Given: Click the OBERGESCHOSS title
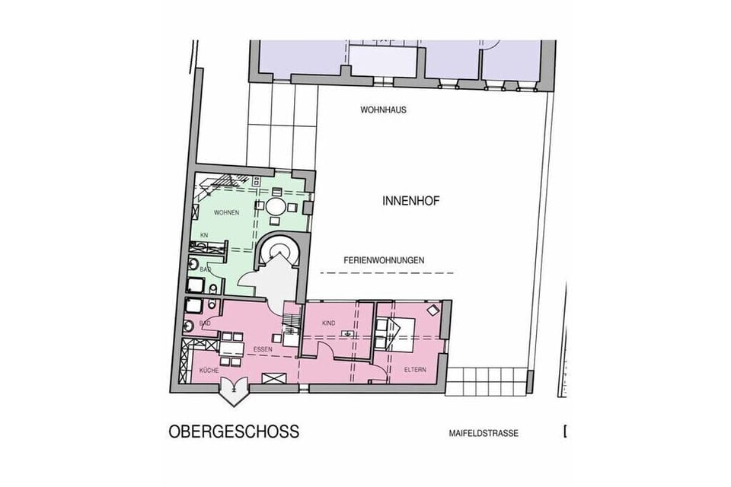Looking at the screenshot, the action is click(x=234, y=431).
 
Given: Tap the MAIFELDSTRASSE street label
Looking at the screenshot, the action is click(x=484, y=434).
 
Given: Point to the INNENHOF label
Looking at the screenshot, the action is click(x=410, y=202).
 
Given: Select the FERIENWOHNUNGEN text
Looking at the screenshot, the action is click(x=384, y=260).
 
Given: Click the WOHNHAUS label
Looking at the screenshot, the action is click(x=383, y=110).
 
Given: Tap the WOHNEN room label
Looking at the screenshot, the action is click(x=227, y=212).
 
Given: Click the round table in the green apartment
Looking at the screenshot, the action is click(x=276, y=206).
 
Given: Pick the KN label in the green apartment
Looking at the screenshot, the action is click(x=204, y=235).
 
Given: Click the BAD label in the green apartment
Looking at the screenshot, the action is click(x=205, y=269).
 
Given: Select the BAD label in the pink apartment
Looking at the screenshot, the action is click(x=205, y=323).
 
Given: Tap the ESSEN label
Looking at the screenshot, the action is click(x=263, y=349).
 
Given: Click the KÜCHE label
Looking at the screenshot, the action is click(x=209, y=371).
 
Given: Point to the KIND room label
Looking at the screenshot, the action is click(x=329, y=323).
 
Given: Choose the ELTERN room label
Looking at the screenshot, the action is click(x=415, y=370).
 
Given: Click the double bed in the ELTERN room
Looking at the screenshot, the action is click(x=388, y=333).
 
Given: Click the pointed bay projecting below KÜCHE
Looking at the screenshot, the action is click(x=233, y=390).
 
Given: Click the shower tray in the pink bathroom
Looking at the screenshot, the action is click(x=193, y=307).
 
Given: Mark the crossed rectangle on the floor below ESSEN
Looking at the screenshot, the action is click(x=273, y=377).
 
